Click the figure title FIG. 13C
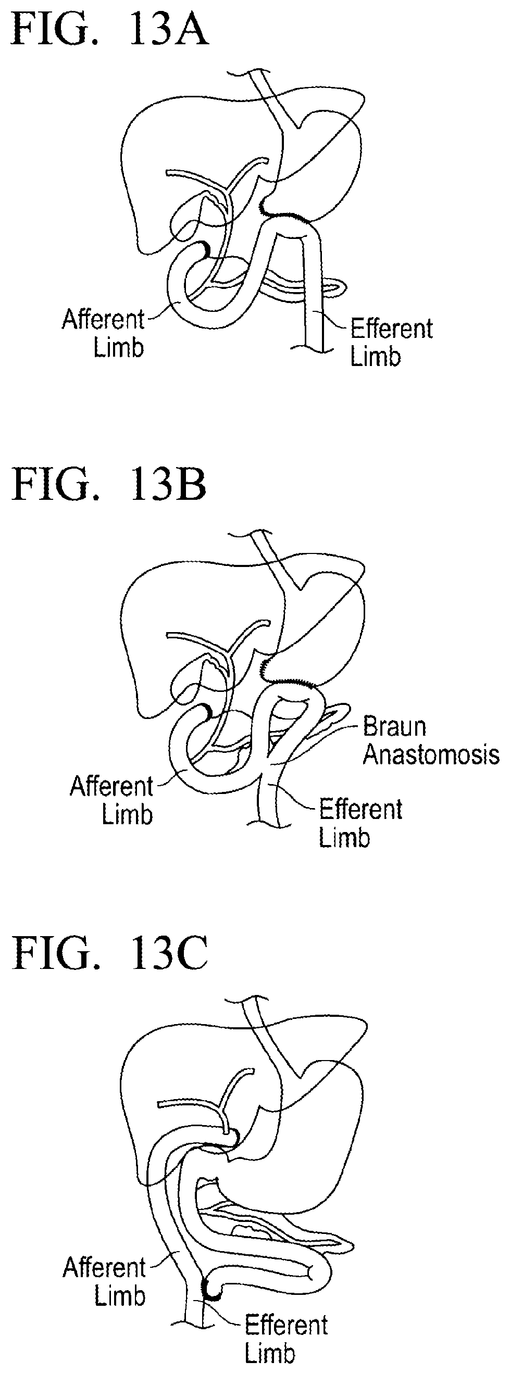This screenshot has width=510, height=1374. (109, 953)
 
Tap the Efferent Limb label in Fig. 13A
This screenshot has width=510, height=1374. (391, 343)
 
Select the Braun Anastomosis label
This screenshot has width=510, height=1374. (430, 741)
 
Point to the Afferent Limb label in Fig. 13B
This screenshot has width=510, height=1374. (111, 800)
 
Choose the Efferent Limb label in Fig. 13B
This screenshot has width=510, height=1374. (360, 824)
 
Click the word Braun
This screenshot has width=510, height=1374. (394, 727)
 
